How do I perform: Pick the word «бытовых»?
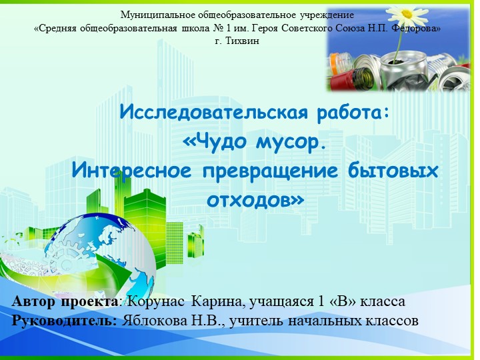pos(394,171)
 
